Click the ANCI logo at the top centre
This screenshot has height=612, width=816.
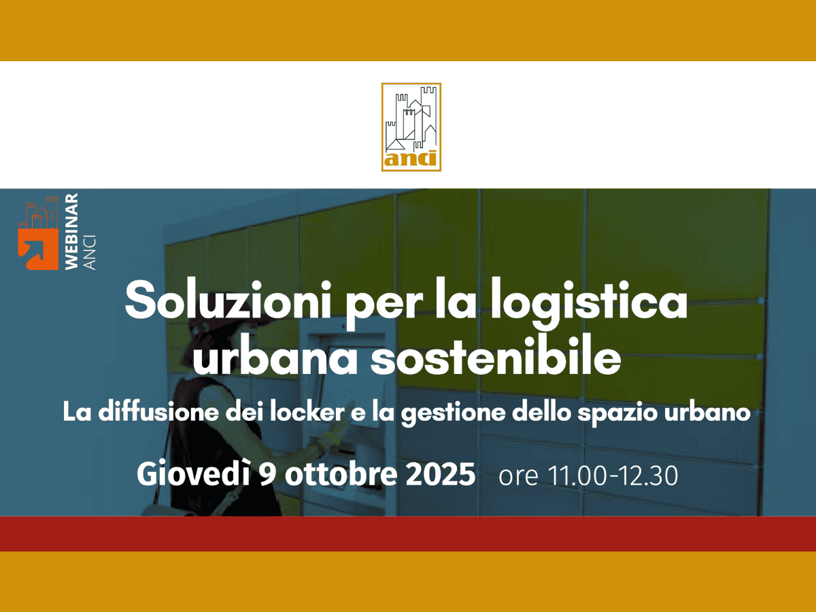coord(411,127)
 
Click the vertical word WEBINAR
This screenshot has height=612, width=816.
coord(71,232)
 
